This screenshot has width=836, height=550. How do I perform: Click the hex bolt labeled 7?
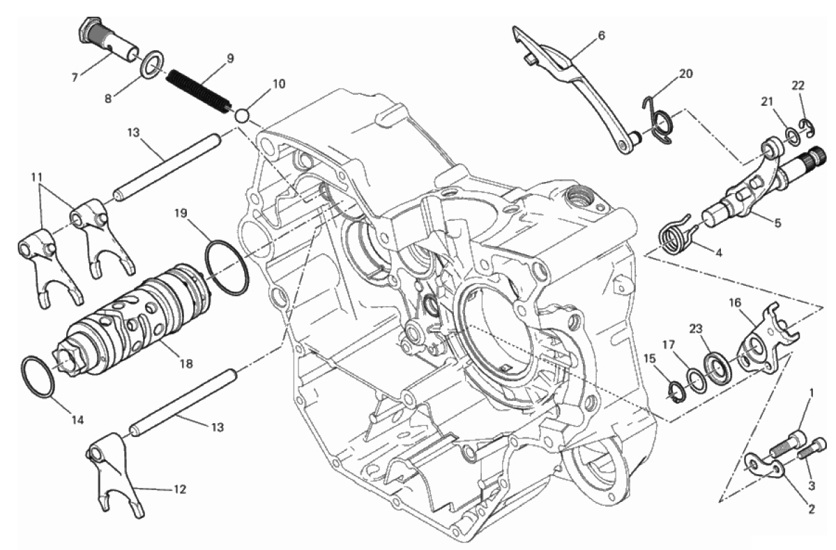pyautogui.click(x=108, y=42)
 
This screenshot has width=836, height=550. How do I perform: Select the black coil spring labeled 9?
pyautogui.click(x=197, y=89)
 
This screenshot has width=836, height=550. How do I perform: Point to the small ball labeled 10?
pyautogui.click(x=242, y=114)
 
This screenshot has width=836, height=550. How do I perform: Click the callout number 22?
pyautogui.click(x=798, y=85)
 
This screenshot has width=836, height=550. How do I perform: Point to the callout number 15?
pyautogui.click(x=650, y=358)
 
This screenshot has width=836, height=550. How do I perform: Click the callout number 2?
pyautogui.click(x=811, y=509)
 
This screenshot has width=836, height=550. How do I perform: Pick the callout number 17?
pyautogui.click(x=669, y=344)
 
